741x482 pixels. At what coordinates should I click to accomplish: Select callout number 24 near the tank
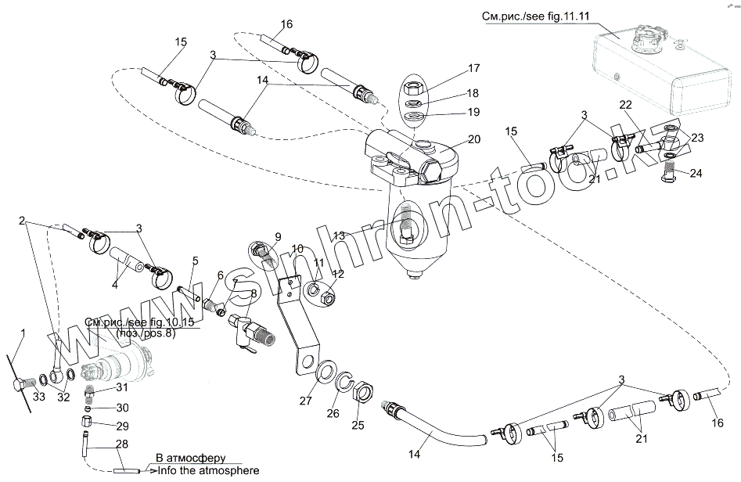pyautogui.click(x=695, y=173)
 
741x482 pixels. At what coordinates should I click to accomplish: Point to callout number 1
pyautogui.click(x=23, y=333)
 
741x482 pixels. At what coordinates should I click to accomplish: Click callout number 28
pyautogui.click(x=121, y=444)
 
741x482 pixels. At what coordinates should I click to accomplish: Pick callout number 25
pyautogui.click(x=358, y=425)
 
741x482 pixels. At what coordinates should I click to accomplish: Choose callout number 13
pyautogui.click(x=338, y=236)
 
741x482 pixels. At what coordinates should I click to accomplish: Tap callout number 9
pyautogui.click(x=277, y=236)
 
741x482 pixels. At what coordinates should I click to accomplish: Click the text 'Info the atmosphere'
pyautogui.click(x=207, y=470)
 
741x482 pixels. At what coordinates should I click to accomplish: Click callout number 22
pyautogui.click(x=626, y=105)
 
